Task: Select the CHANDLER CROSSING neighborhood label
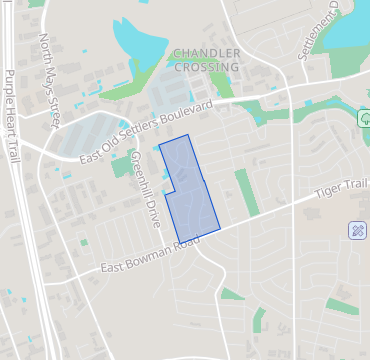(206, 59)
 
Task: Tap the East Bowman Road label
(140, 257)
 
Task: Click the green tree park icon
(366, 119)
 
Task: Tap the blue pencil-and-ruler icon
(358, 231)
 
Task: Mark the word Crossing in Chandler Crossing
(206, 67)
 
